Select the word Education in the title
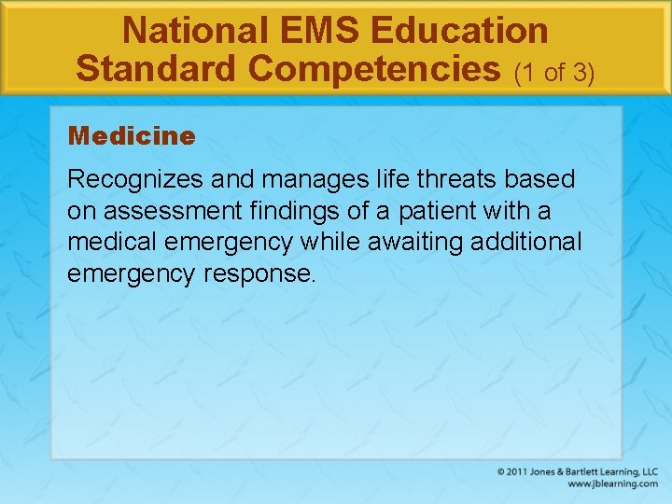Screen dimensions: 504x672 [x=458, y=31]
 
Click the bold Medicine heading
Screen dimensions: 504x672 [x=132, y=136]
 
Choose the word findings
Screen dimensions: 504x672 [x=272, y=210]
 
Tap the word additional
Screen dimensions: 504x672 [x=527, y=242]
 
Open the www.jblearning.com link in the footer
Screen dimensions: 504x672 [x=612, y=484]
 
